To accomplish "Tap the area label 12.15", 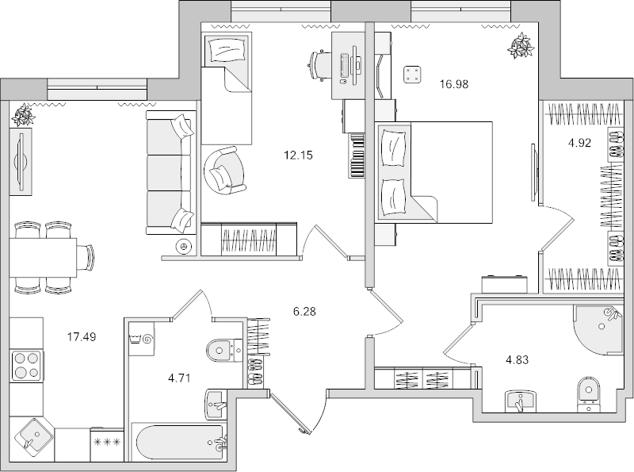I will click(x=299, y=155).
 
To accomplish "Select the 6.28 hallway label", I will click(x=305, y=312).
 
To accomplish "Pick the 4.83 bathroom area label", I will click(x=517, y=359).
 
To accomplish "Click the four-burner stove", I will click(x=28, y=366).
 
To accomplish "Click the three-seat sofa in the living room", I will click(x=170, y=173).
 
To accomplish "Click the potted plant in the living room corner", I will click(x=23, y=116).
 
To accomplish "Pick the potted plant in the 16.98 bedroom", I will click(x=521, y=47).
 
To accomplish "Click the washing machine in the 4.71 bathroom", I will click(x=144, y=339).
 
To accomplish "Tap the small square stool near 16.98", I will click(x=412, y=75).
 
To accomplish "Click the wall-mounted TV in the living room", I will click(x=23, y=163).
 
